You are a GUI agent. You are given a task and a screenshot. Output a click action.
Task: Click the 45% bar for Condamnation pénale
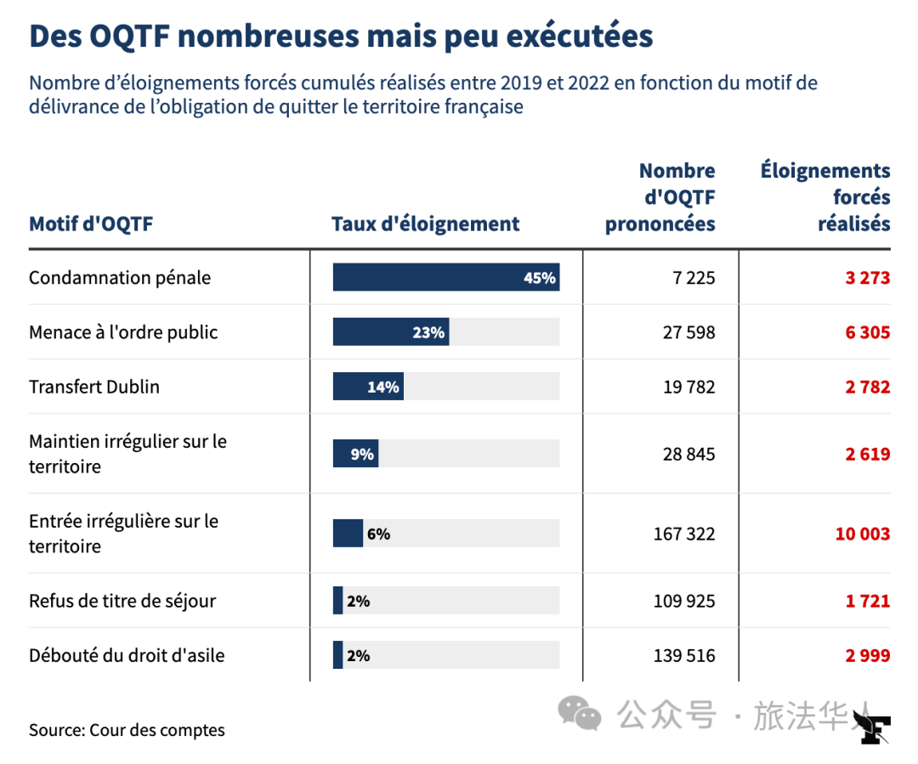click(x=445, y=278)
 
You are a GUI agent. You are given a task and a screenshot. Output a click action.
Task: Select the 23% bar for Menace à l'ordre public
click(x=390, y=332)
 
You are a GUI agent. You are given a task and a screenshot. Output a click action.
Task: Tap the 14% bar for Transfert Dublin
click(x=367, y=387)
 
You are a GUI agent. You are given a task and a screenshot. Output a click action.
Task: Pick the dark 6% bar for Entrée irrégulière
click(x=348, y=534)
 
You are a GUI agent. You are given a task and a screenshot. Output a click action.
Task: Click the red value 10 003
click(x=862, y=534)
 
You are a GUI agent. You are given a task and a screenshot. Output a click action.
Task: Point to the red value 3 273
click(x=867, y=278)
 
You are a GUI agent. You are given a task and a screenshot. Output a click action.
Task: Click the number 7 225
click(x=689, y=278)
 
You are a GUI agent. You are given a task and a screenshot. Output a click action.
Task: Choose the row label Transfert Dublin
click(x=94, y=387)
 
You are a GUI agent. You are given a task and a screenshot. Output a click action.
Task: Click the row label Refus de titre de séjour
click(x=122, y=601)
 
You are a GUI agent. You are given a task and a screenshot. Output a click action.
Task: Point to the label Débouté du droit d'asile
click(x=127, y=655)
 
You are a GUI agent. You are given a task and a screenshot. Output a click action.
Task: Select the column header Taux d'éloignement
click(x=425, y=224)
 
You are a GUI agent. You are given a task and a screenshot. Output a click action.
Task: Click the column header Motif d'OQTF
click(x=91, y=224)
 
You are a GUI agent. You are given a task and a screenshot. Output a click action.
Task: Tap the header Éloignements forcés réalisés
click(x=825, y=197)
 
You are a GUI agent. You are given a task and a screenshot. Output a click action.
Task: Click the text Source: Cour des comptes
click(x=127, y=730)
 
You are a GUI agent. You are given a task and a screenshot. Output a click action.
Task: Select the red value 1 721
click(x=867, y=601)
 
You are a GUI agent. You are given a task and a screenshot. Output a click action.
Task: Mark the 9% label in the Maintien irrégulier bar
click(x=362, y=454)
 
